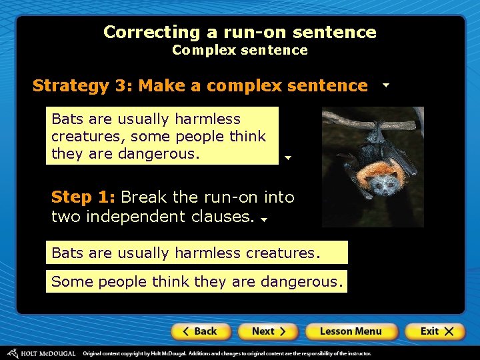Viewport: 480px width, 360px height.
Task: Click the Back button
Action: (x=201, y=331)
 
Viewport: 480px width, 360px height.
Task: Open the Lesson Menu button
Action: (x=351, y=331)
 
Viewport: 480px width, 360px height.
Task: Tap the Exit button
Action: (x=437, y=331)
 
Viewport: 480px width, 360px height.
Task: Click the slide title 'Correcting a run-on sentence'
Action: (x=240, y=32)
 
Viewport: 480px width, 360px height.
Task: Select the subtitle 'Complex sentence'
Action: (x=240, y=50)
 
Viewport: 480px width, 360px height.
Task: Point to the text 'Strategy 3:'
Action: (x=83, y=86)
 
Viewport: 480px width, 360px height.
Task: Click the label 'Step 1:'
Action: (x=83, y=197)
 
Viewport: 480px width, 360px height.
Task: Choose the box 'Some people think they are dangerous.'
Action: (x=197, y=281)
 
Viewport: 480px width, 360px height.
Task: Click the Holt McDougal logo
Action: (x=41, y=353)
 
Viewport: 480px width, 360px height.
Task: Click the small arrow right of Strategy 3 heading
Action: (x=386, y=86)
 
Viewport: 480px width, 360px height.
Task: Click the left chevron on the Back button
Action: (x=187, y=331)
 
